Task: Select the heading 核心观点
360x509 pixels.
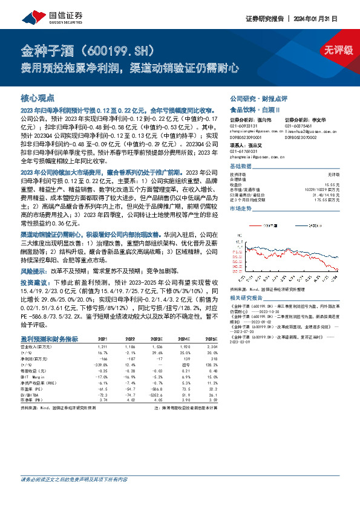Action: click(38, 97)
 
